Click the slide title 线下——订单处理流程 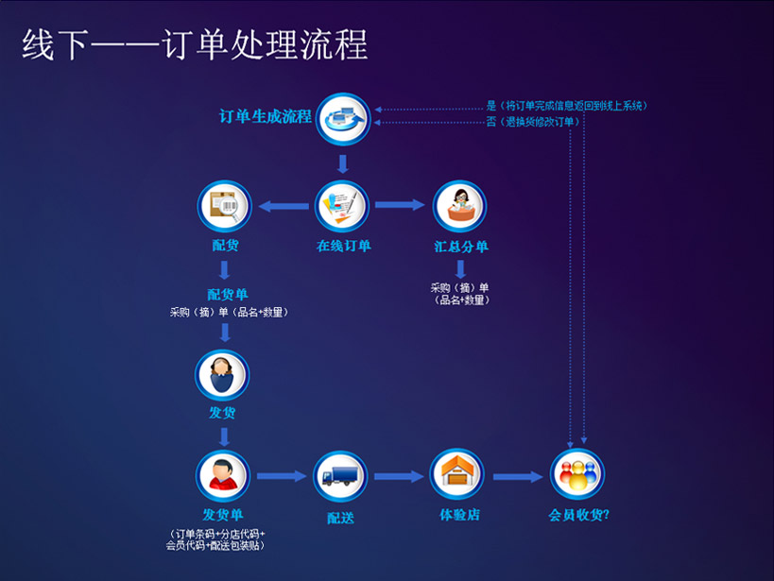tap(195, 44)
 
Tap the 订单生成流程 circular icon tap(342, 119)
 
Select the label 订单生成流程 tap(266, 117)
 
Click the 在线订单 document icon tap(342, 206)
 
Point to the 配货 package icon tap(225, 206)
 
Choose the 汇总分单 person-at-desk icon tap(460, 206)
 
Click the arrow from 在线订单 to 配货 tap(283, 206)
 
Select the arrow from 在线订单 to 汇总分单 tap(399, 205)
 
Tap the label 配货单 tap(228, 294)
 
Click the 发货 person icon tap(222, 374)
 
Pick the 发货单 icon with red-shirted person tap(223, 475)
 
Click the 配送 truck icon tap(339, 475)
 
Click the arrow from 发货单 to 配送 tap(281, 476)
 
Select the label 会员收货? tap(579, 516)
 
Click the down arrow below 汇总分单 tap(461, 268)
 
